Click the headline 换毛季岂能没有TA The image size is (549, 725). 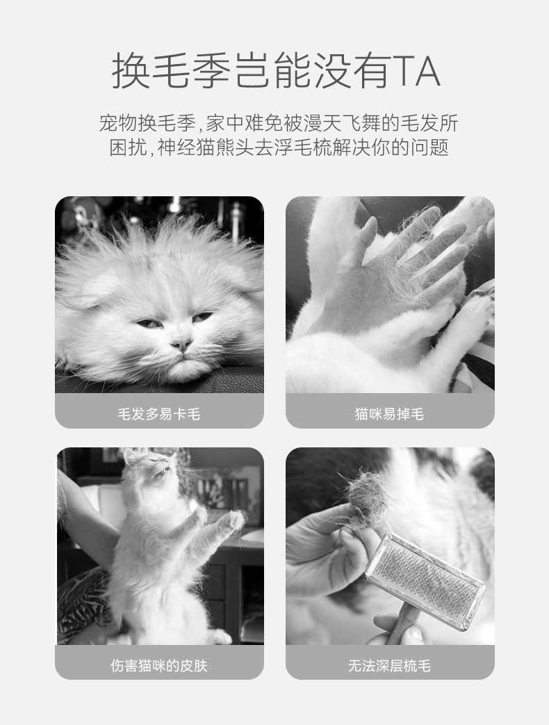pos(276,71)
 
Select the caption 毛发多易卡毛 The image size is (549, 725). pos(159,413)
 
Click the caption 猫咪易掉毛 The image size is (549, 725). pos(389,413)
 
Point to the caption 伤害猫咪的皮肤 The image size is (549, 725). pos(159,665)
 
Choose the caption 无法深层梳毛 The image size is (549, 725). pos(389,665)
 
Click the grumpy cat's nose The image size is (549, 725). pos(181,343)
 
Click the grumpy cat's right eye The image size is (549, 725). pos(202,317)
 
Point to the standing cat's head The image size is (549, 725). pos(151,467)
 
